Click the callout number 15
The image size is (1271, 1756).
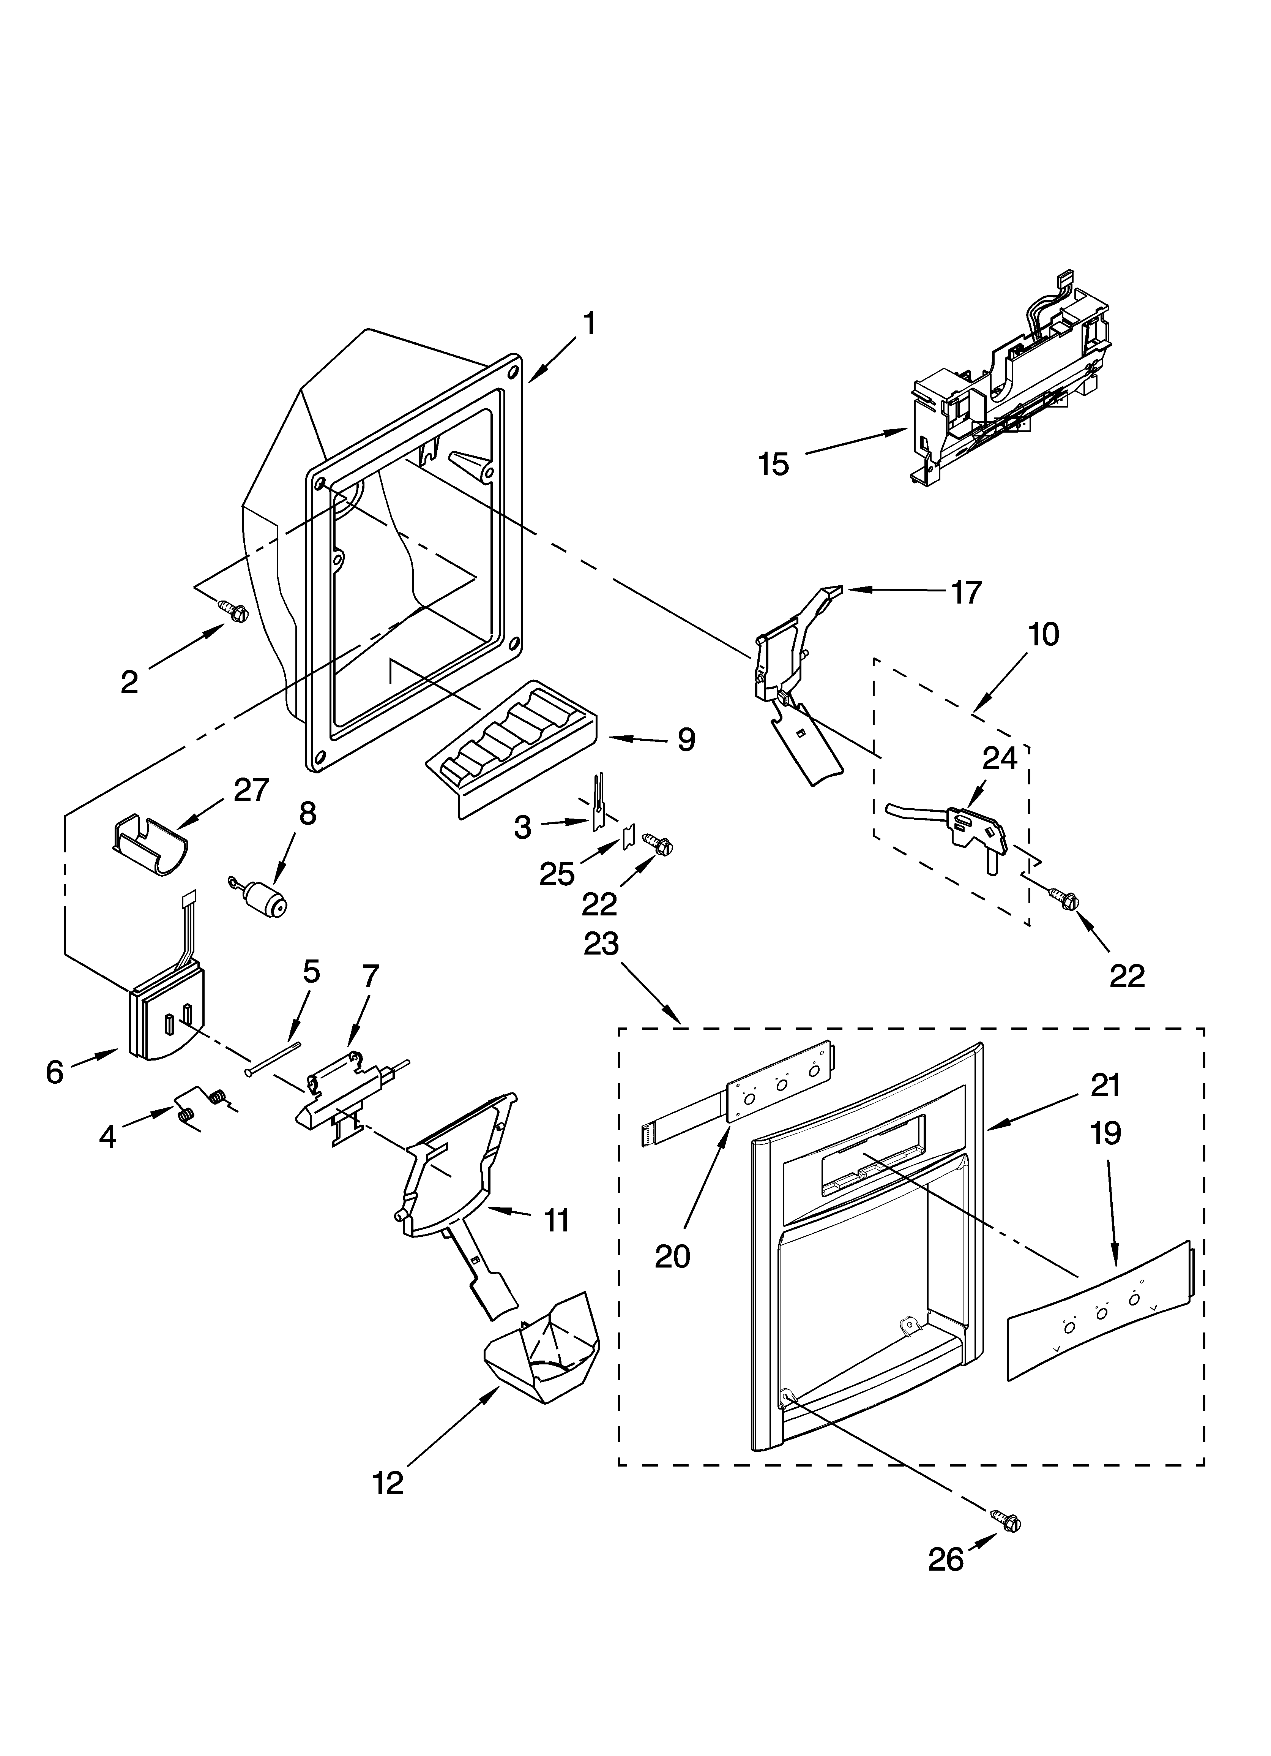(x=773, y=465)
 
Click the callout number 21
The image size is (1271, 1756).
(x=1105, y=1086)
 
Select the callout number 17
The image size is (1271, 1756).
(x=965, y=592)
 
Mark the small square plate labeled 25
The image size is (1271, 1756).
(x=628, y=838)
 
